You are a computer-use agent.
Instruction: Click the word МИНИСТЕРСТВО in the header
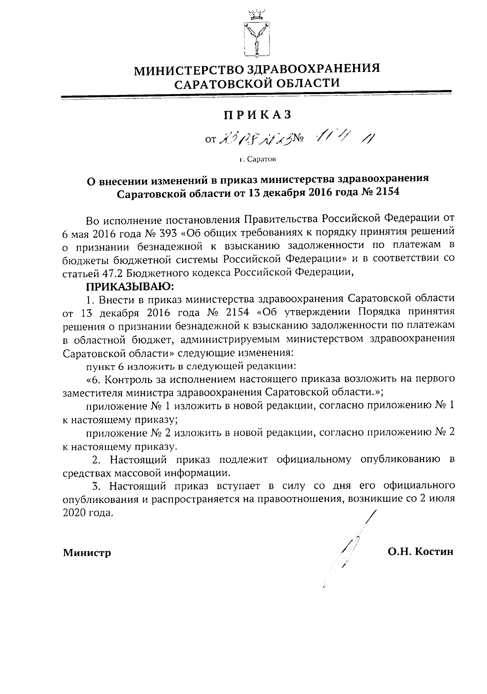tap(189, 71)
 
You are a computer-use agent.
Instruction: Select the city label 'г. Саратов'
tap(257, 159)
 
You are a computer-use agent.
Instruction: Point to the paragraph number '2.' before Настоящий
tap(97, 460)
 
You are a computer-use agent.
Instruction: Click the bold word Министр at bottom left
tap(87, 552)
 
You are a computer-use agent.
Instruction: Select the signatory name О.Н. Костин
tap(420, 552)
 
